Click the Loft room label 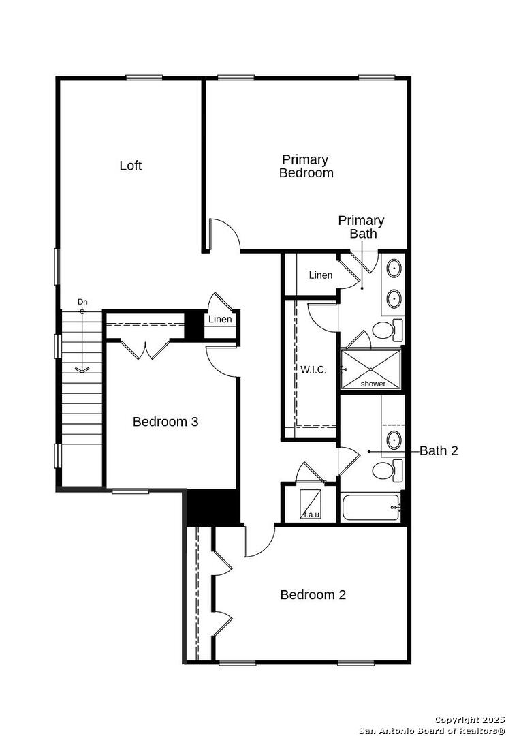point(130,165)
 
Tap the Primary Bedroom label point(306,166)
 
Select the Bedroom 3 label point(165,422)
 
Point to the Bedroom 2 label point(313,595)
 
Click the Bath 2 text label point(439,450)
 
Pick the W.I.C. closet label point(313,369)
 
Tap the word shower point(373,384)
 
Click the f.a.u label point(312,515)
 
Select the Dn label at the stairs point(82,302)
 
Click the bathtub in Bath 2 point(371,507)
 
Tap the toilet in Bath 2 point(388,471)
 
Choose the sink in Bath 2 point(394,440)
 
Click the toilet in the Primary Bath point(388,330)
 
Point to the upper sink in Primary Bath point(394,269)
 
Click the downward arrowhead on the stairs point(82,370)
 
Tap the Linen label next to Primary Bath point(321,275)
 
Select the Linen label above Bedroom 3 point(220,319)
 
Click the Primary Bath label point(361,227)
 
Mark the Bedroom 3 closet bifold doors point(146,349)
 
